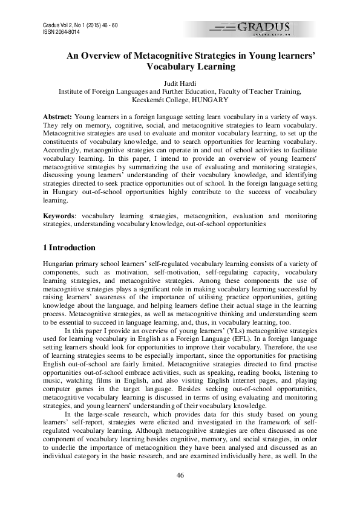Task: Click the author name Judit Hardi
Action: click(180, 82)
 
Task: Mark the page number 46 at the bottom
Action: click(180, 475)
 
